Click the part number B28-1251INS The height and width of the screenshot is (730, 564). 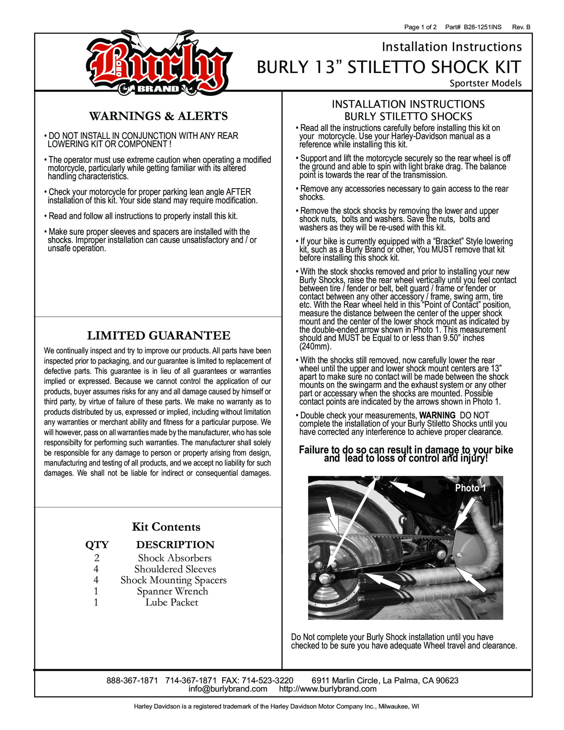[482, 27]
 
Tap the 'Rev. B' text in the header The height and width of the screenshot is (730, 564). [521, 27]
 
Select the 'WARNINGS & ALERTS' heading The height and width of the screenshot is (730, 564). [159, 116]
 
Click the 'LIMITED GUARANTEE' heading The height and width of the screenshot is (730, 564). [159, 335]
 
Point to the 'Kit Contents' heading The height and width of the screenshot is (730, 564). [166, 527]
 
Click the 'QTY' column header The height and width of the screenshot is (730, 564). [97, 545]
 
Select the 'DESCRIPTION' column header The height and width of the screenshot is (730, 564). [175, 545]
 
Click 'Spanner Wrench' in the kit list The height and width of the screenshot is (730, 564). [173, 591]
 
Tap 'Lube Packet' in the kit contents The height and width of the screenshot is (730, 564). [172, 602]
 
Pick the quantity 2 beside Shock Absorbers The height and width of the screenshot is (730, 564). [97, 558]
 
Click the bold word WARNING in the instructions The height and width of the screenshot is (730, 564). [437, 415]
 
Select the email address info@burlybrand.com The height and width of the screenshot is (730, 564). [228, 689]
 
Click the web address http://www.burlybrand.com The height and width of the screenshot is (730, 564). [328, 689]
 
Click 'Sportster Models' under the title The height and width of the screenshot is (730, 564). [485, 83]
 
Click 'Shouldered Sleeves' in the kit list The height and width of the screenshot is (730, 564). [175, 569]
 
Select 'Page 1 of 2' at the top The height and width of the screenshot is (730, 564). [420, 27]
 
